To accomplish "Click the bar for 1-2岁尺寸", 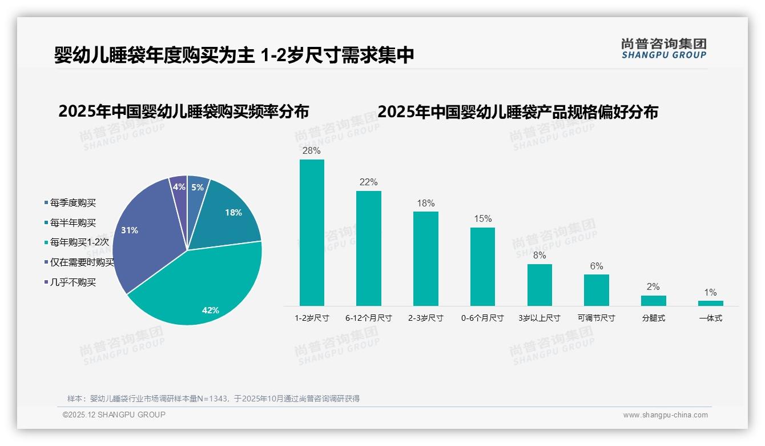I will point(312,232).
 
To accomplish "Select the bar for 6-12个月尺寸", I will point(368,248).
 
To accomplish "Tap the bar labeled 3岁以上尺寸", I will point(539,285).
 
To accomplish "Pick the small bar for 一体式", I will point(710,303).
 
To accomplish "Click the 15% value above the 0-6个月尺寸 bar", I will point(482,219).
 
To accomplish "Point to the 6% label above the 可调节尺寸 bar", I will point(596,266).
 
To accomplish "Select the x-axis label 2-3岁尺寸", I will point(425,318).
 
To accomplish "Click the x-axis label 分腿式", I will point(653,318).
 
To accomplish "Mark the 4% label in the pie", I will point(179,186).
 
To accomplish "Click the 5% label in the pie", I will point(197,187).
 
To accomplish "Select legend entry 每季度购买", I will point(73,203).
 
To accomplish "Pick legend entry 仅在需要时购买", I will point(82,262).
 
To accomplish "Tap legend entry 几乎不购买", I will point(73,282).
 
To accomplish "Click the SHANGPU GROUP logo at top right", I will point(663,49).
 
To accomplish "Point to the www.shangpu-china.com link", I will point(665,415).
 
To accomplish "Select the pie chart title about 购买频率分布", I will point(183,111).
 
